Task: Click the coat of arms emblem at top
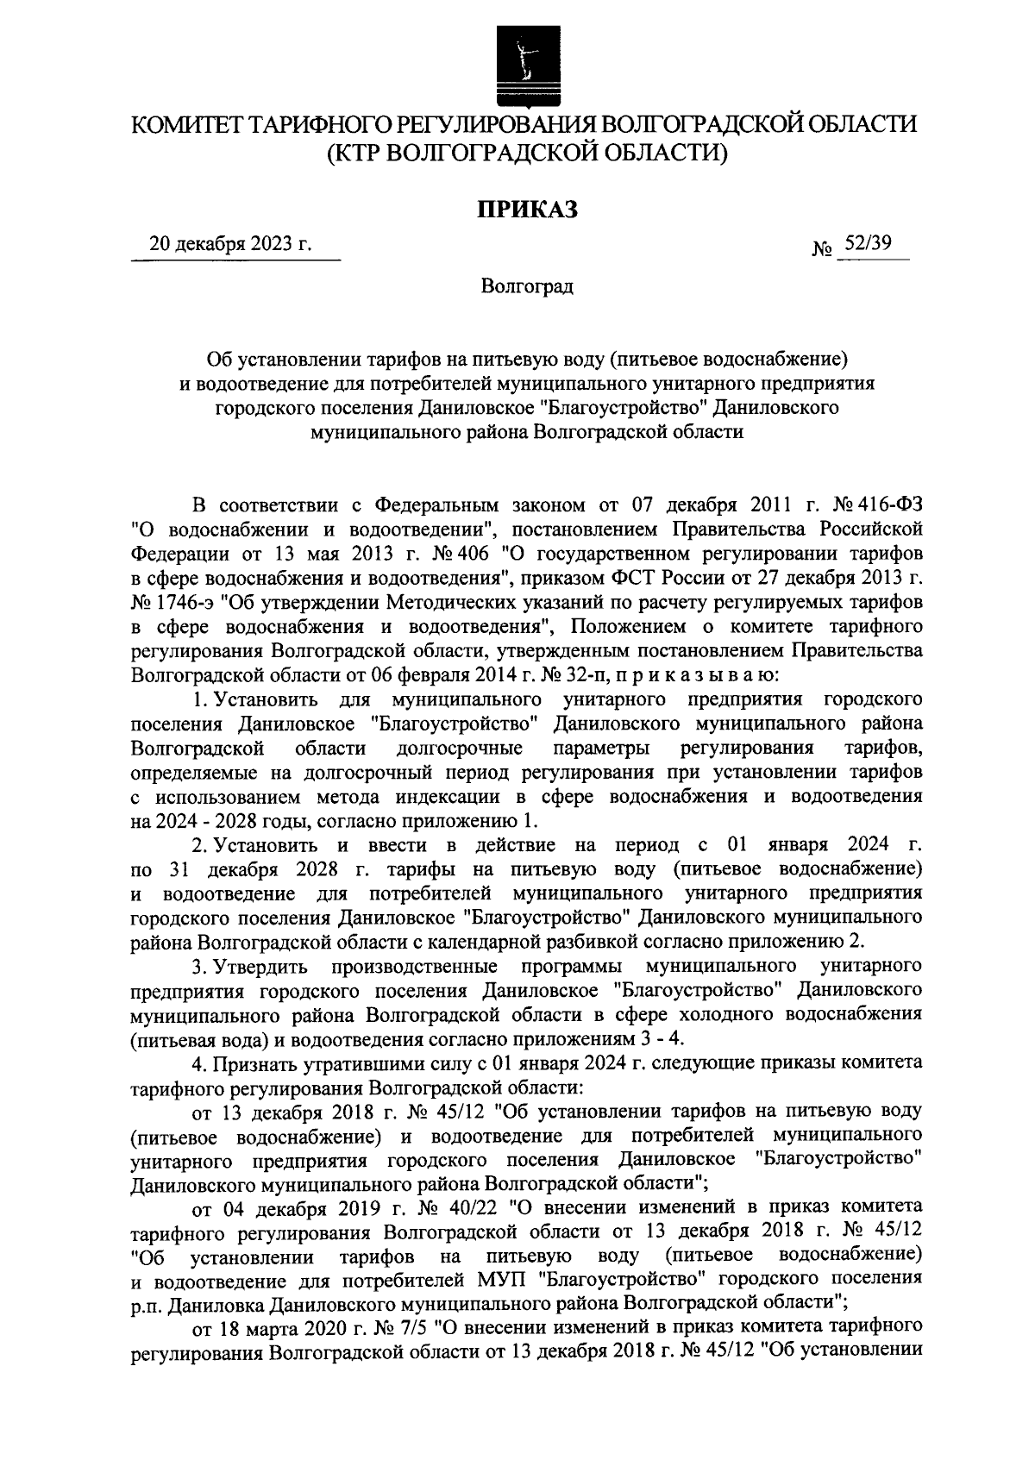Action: click(x=522, y=67)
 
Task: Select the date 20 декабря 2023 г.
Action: click(x=230, y=244)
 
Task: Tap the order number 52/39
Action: click(x=868, y=244)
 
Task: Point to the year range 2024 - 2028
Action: click(x=185, y=818)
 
